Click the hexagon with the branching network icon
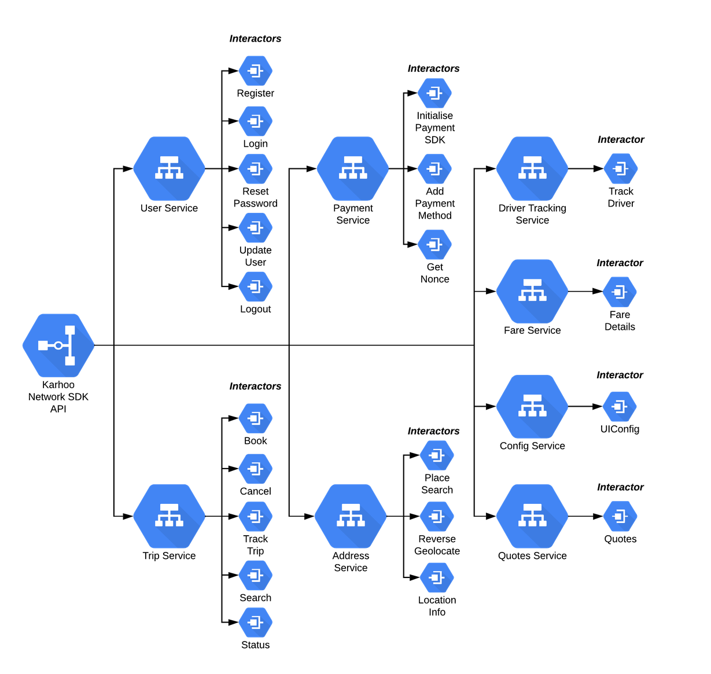click(58, 345)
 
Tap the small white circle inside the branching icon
click(58, 345)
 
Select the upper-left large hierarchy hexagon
click(169, 169)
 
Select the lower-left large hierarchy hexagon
click(169, 516)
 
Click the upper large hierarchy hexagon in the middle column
click(352, 169)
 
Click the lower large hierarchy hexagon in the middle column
click(351, 516)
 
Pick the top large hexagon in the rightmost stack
click(532, 169)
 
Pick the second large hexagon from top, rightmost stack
click(532, 291)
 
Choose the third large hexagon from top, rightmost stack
click(532, 407)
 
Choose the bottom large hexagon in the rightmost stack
click(532, 516)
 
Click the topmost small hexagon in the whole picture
click(256, 71)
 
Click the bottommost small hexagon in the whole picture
click(256, 623)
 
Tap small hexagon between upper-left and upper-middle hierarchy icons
click(256, 169)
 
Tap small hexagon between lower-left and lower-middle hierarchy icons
click(256, 516)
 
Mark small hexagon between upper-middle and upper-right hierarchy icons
click(434, 169)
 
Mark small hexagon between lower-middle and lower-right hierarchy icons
click(437, 516)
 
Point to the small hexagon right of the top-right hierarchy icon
click(621, 169)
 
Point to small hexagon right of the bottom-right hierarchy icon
click(620, 516)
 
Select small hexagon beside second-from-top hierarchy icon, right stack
click(620, 292)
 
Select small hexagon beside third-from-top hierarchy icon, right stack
click(620, 407)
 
